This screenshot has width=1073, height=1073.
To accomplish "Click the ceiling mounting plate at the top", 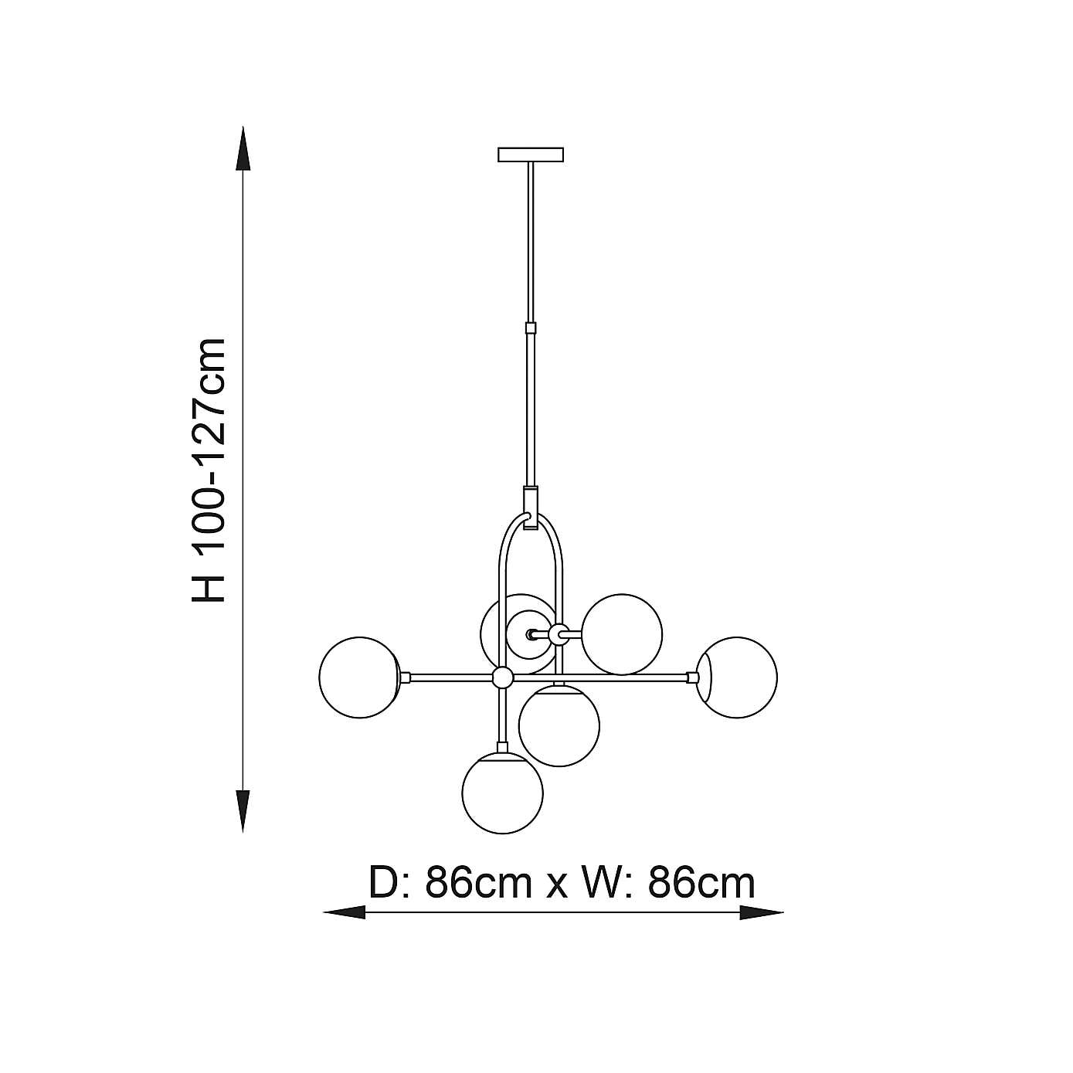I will (x=531, y=154).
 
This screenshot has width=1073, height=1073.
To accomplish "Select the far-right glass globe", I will (x=738, y=677).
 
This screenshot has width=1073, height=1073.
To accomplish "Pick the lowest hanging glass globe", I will (x=502, y=793).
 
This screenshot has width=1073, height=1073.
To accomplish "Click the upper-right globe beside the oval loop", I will (x=622, y=633).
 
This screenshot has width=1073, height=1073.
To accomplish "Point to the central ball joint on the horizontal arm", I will (x=503, y=677).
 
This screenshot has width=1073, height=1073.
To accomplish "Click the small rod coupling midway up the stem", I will (x=531, y=328).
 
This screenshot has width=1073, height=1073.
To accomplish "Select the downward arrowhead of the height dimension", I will (x=243, y=811).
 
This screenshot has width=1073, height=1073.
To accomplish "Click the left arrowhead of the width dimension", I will (x=344, y=913).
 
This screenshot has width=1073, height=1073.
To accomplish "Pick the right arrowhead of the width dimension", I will (x=762, y=913).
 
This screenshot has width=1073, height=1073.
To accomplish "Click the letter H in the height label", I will (x=209, y=587).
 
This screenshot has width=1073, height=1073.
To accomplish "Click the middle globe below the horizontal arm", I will (x=559, y=725).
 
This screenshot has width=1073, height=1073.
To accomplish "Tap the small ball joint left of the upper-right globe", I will (x=559, y=633).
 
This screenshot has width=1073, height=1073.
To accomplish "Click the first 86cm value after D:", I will (x=479, y=883).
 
